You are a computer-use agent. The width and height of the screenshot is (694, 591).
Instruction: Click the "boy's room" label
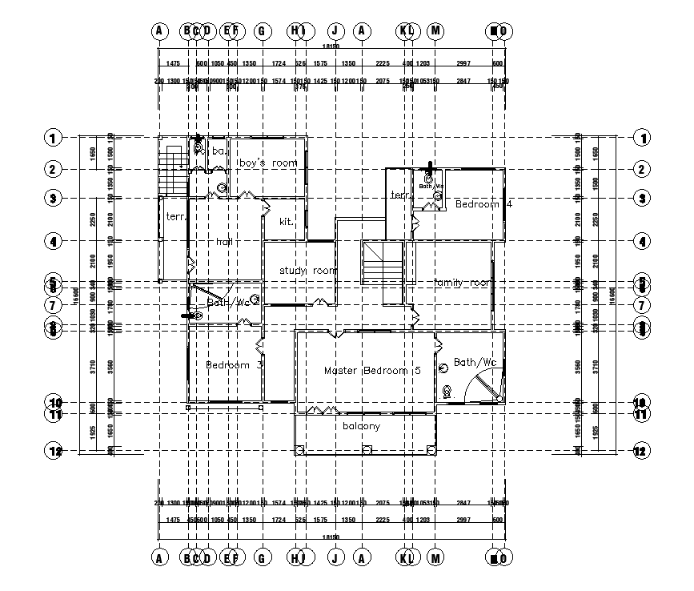coord(268,163)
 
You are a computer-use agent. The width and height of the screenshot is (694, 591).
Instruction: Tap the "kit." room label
coord(287,222)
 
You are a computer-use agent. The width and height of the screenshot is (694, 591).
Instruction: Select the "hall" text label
coord(225,241)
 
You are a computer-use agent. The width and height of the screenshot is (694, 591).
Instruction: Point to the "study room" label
coord(308,271)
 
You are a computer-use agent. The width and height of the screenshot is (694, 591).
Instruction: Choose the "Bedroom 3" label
coord(235,365)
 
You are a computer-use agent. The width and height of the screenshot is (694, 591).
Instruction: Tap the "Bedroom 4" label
coord(483,204)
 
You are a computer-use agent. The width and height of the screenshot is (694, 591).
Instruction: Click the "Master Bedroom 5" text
coord(372,371)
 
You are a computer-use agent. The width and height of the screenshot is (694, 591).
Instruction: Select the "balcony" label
coord(361,426)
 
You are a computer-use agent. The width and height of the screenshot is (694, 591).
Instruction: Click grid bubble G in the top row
coord(261,31)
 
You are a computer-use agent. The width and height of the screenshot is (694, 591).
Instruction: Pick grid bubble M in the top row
coord(435,31)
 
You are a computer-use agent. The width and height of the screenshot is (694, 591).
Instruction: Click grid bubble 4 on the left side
coord(52,241)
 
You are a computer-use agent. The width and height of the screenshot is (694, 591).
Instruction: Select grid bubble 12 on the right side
coord(640,451)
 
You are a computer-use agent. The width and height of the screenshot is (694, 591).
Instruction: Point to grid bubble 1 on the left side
coord(52,138)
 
